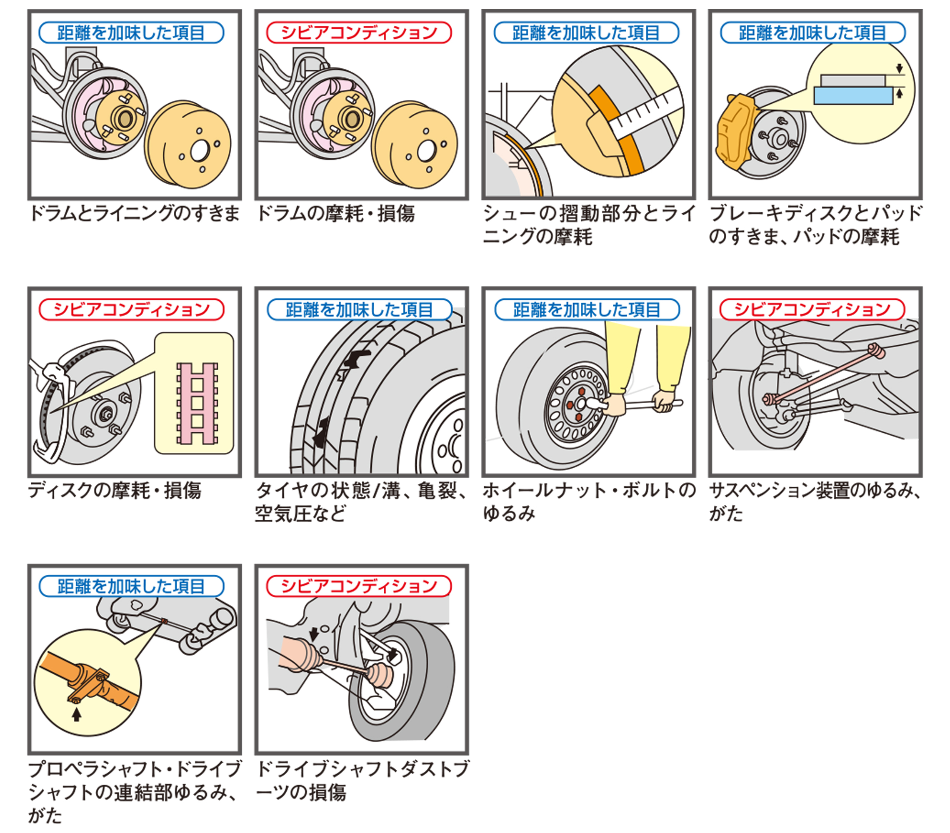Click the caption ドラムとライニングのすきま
pos(134,214)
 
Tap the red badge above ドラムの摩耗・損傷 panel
pos(359,32)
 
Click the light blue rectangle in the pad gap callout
pos(853,96)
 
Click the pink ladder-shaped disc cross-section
pos(197,403)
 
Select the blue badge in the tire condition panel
pos(359,309)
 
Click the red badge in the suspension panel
pos(812,309)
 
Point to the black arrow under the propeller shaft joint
pos(77,715)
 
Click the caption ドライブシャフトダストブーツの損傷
pos(362,781)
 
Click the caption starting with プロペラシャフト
pos(134,792)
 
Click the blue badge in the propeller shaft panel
pos(131,586)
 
